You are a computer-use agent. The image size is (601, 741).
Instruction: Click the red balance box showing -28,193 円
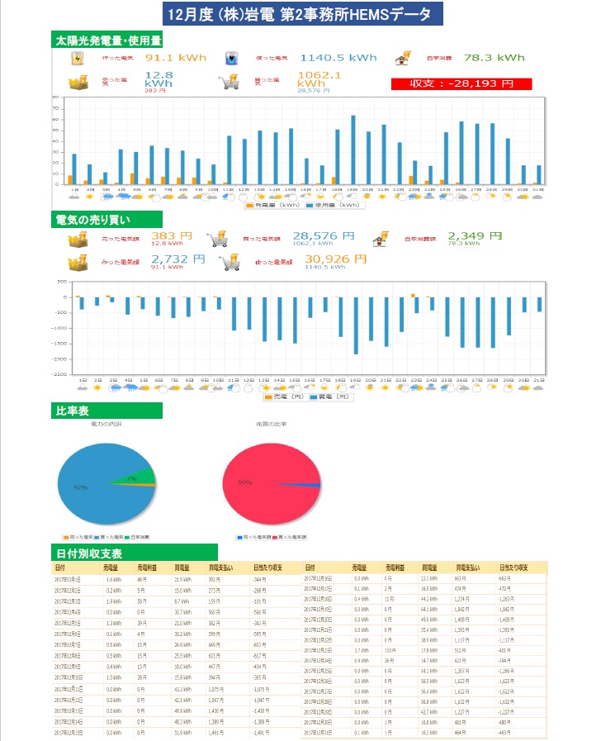461,83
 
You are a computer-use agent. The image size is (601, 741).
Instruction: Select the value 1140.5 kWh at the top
338,58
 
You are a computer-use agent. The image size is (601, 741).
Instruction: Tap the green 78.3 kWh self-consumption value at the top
494,58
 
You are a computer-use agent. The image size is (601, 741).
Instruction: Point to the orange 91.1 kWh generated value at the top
175,58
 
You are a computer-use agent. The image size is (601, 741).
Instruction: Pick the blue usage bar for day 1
74,169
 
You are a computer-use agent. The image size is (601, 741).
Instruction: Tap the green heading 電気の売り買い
103,219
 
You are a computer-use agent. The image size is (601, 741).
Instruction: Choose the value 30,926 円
338,259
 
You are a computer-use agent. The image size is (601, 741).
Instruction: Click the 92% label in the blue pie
80,487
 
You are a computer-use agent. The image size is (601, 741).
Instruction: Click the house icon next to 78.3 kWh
402,58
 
